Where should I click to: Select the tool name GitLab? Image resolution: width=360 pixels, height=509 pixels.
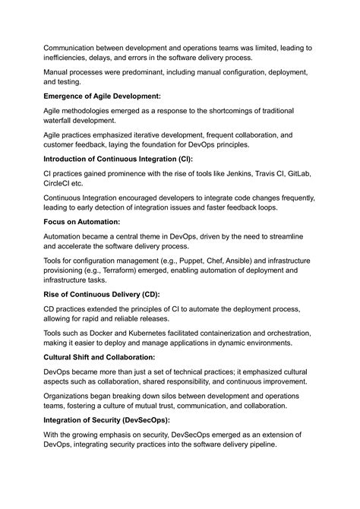(x=297, y=174)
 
